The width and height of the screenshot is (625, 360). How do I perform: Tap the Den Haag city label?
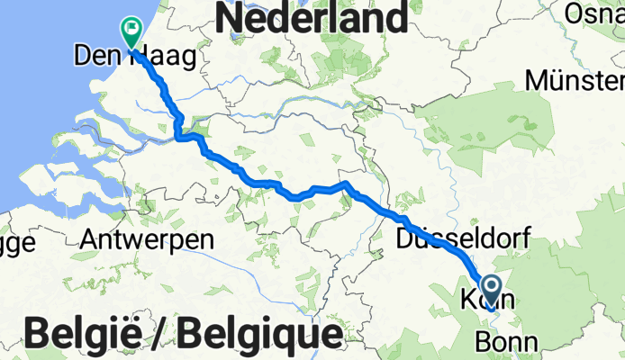click(134, 58)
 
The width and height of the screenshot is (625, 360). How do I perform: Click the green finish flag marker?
click(131, 33)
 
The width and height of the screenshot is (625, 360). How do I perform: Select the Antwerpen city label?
click(147, 239)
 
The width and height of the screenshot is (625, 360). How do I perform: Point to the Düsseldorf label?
click(462, 238)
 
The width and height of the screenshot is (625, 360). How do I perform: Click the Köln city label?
click(487, 301)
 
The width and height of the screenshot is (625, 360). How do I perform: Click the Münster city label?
click(575, 81)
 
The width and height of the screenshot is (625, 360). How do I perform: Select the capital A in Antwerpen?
click(89, 239)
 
